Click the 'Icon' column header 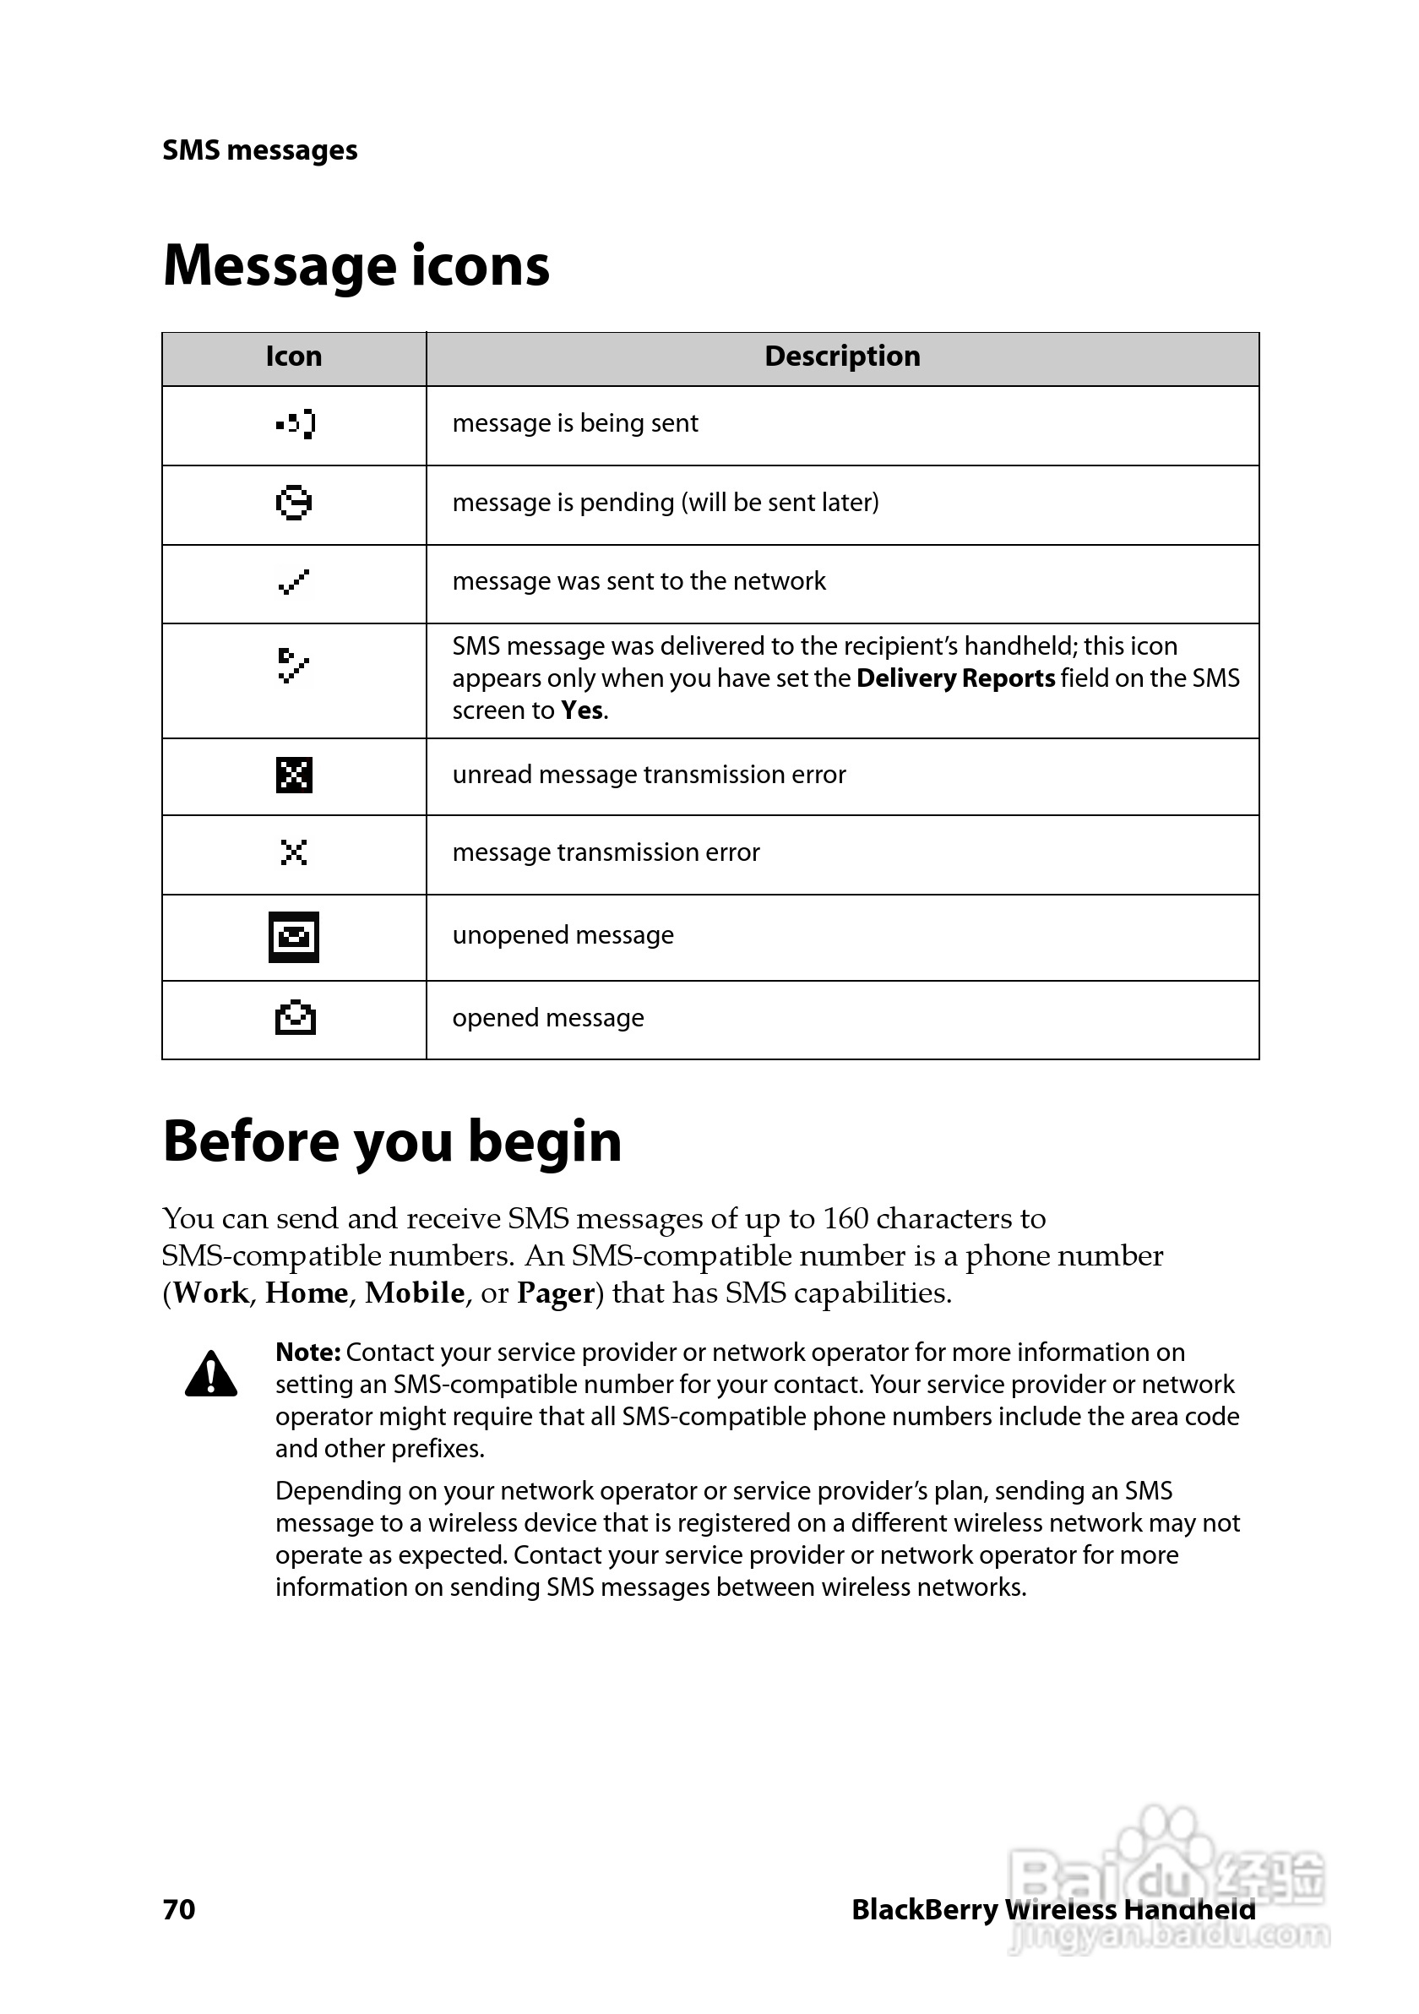(294, 357)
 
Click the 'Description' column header (842, 357)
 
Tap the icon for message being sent (295, 425)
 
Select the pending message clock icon (294, 503)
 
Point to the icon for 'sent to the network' (294, 581)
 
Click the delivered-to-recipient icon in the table (293, 666)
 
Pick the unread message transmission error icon (294, 776)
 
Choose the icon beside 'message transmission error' (294, 852)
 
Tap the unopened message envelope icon (294, 937)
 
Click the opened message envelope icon (295, 1017)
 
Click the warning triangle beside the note (211, 1374)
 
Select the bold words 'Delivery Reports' (955, 679)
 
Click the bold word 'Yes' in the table (581, 711)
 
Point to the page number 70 (179, 1909)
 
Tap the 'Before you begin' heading (392, 1141)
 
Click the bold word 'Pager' (556, 1293)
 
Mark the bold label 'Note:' (307, 1353)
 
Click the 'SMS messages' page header (259, 150)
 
